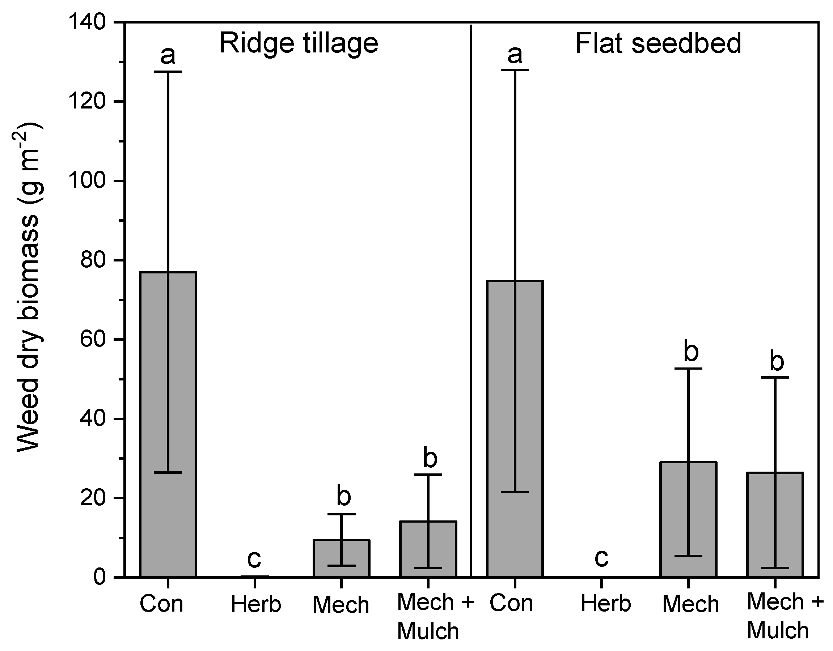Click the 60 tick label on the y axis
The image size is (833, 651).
93,339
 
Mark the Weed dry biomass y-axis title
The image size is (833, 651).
29,288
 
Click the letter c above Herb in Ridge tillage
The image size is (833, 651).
254,559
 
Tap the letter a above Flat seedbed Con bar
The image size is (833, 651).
515,54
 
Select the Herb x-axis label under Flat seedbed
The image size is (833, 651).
606,604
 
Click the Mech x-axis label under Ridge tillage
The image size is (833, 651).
341,605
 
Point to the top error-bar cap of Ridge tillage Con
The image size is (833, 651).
168,72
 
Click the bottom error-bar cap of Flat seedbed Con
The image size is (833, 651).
515,493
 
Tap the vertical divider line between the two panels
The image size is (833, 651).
471,305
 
